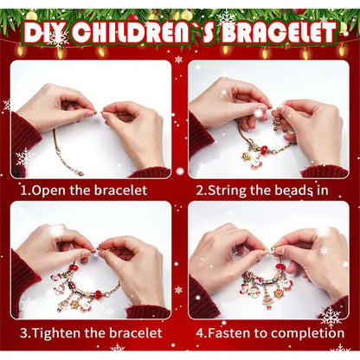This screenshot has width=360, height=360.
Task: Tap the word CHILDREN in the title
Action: point(128,33)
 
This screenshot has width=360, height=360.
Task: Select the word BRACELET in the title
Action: point(279,33)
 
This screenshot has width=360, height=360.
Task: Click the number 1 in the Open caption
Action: point(23,190)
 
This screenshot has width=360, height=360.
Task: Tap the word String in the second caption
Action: point(228,190)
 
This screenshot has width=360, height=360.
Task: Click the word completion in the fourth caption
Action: point(307,333)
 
